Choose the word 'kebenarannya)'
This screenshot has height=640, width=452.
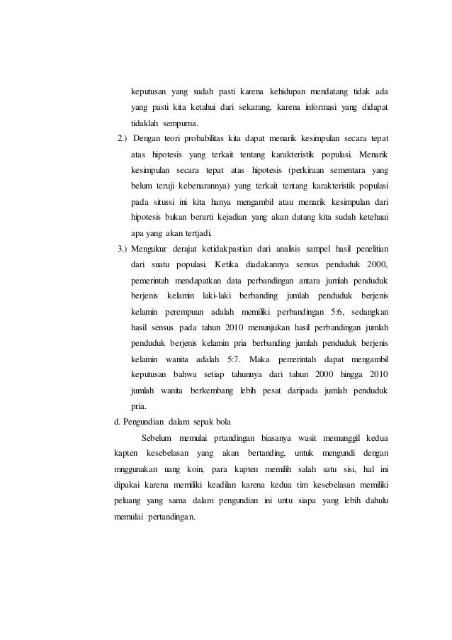(x=220, y=186)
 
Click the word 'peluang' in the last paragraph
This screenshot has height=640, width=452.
(x=128, y=500)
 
